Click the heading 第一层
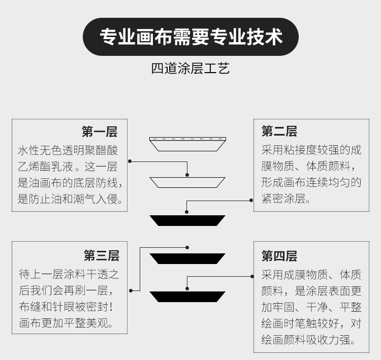[100, 132]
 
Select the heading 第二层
[279, 132]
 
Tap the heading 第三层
[102, 255]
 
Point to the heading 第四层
[279, 256]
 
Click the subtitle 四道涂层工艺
[190, 68]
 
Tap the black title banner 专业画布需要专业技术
[190, 37]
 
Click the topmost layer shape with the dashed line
[187, 144]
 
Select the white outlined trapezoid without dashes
[187, 182]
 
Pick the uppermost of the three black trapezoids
[187, 220]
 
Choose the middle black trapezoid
[187, 258]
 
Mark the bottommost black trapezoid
[187, 297]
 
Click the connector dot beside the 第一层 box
[130, 161]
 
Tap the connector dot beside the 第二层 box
[251, 201]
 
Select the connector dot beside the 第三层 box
[131, 290]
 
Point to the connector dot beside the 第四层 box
[252, 276]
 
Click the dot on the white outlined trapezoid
[187, 175]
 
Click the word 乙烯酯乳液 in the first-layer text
[45, 167]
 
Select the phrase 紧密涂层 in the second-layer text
[283, 199]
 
